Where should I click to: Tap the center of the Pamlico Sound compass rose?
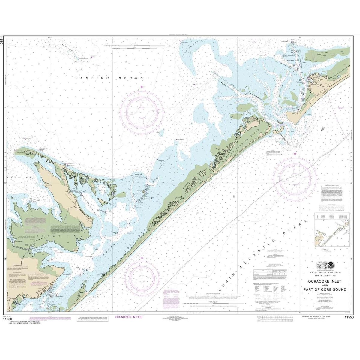click(x=142, y=111)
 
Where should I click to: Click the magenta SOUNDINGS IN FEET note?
click(x=129, y=317)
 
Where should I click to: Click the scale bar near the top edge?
click(x=129, y=47)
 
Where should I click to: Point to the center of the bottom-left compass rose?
click(x=142, y=277)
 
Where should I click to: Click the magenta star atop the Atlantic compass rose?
click(x=295, y=154)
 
